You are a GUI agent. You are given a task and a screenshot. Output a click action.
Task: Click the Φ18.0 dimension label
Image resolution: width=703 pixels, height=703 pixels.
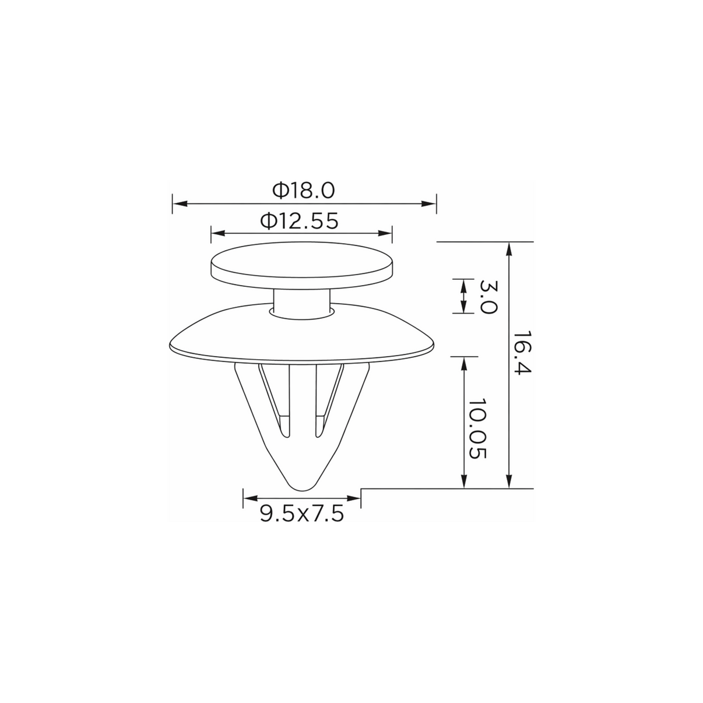(304, 191)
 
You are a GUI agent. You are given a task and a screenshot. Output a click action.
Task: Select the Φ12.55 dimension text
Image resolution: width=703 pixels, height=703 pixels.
(300, 221)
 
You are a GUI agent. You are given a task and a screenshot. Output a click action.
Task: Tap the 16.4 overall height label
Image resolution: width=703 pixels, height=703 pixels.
(522, 352)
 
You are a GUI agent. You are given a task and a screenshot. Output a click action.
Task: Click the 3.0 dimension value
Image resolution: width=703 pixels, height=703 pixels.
(487, 297)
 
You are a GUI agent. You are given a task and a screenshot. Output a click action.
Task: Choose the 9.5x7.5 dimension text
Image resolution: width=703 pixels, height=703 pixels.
(302, 514)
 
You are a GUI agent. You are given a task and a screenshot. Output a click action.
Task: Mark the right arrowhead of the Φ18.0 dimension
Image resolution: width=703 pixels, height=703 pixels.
(428, 203)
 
